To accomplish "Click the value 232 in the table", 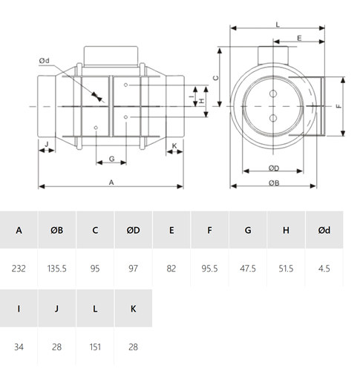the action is click(x=19, y=269).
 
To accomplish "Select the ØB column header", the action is click(x=57, y=230).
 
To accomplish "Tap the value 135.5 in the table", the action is click(x=57, y=269).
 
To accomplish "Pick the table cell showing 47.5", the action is click(x=248, y=269).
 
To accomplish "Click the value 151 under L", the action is click(x=95, y=347).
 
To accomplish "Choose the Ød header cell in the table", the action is click(x=324, y=230).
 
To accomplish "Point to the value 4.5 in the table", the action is click(x=324, y=269).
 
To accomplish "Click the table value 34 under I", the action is click(x=19, y=347).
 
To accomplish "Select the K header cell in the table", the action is click(x=133, y=309).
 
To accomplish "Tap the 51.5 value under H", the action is click(x=286, y=269).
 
